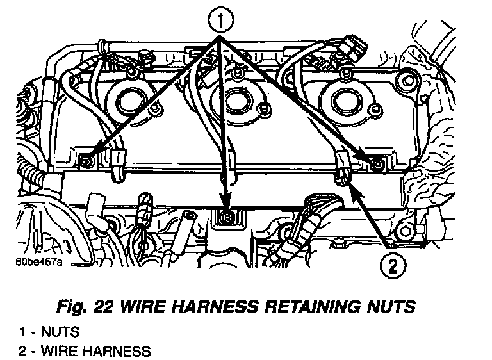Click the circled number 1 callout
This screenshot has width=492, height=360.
coord(220,22)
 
